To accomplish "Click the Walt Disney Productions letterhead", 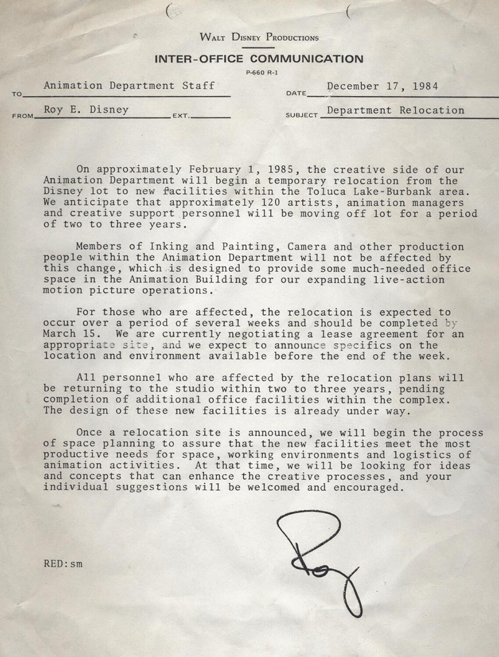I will point(259,38).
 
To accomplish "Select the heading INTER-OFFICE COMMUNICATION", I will point(258,59).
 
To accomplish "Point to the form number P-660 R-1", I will point(259,73).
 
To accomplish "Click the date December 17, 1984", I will point(383,86).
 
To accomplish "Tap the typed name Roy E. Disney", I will point(86,110).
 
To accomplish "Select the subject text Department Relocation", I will point(395,110).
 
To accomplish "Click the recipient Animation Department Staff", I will point(129,86).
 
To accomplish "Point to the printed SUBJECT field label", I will point(302,116).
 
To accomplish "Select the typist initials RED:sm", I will point(63,563).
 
